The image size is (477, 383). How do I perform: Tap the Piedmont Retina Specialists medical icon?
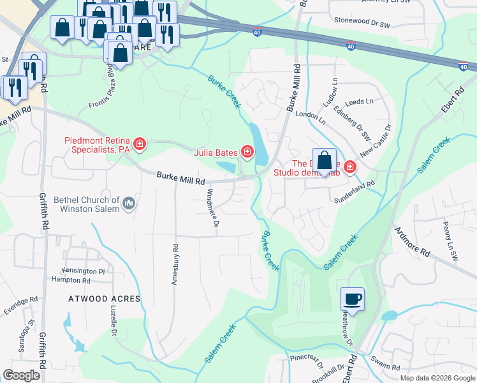tap(138, 144)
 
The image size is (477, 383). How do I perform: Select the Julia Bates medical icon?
tap(246, 152)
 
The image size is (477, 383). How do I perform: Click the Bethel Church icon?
tap(129, 204)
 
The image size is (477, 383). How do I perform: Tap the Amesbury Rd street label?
tap(174, 264)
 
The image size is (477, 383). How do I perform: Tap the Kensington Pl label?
tap(82, 271)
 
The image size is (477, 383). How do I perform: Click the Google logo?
tap(22, 375)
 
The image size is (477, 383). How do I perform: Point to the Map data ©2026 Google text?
tap(437, 378)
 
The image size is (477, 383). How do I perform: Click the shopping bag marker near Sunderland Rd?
tap(324, 160)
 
